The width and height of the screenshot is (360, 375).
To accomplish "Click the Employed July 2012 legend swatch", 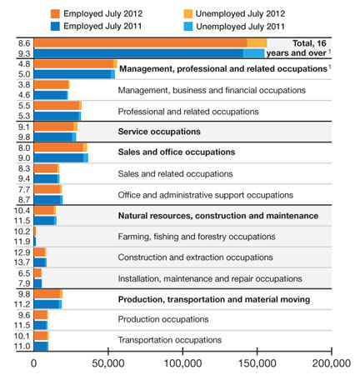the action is [x=55, y=13].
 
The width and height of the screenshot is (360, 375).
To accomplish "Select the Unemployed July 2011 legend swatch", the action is [x=188, y=27].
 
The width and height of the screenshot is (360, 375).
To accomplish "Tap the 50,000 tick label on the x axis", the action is [x=108, y=363].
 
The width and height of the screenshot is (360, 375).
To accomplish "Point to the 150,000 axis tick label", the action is [x=257, y=363].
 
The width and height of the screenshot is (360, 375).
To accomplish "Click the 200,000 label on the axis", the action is [x=332, y=363].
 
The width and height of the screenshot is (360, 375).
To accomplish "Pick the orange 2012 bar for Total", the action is [x=150, y=43].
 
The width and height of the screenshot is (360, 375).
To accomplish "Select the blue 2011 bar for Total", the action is [x=149, y=53].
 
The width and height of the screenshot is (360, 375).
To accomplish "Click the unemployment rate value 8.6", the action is [x=24, y=43].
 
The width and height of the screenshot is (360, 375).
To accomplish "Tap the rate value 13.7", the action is [x=22, y=262].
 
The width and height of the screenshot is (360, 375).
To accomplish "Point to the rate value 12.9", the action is [x=22, y=252].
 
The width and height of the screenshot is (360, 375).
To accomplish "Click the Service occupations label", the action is [x=159, y=132].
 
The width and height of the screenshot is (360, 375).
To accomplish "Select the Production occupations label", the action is [x=163, y=319].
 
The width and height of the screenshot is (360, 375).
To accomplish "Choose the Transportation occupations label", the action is [x=170, y=340].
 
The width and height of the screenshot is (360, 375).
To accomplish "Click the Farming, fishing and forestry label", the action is [x=197, y=237].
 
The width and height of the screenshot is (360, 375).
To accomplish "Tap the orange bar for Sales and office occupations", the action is [x=61, y=147].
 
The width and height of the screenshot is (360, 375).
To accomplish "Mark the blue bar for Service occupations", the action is [x=55, y=137].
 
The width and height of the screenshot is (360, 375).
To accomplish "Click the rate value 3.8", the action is [x=24, y=85].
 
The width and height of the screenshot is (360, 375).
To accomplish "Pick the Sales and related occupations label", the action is [x=175, y=173].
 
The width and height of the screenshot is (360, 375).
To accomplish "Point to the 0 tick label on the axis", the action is [x=33, y=363].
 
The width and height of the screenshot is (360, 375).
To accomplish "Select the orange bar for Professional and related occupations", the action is [x=57, y=106].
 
